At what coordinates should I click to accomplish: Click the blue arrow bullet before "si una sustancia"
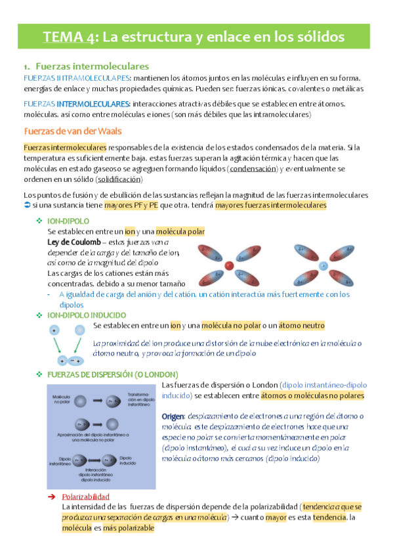pyautogui.click(x=28, y=206)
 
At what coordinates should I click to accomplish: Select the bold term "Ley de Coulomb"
pyautogui.click(x=75, y=242)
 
